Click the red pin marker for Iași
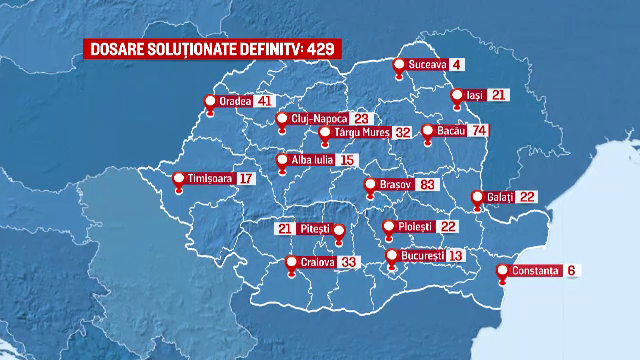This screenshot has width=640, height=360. point(457,97)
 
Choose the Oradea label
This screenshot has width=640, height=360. point(236,101)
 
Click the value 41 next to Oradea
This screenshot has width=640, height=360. point(264,101)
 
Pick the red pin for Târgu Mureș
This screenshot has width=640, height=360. point(324,133)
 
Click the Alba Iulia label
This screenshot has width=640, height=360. point(313,159)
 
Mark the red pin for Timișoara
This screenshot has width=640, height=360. point(178,181)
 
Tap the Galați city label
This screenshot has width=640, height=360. point(500,197)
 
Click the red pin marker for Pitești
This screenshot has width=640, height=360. point(338,234)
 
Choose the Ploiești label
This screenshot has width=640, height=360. point(413,227)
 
